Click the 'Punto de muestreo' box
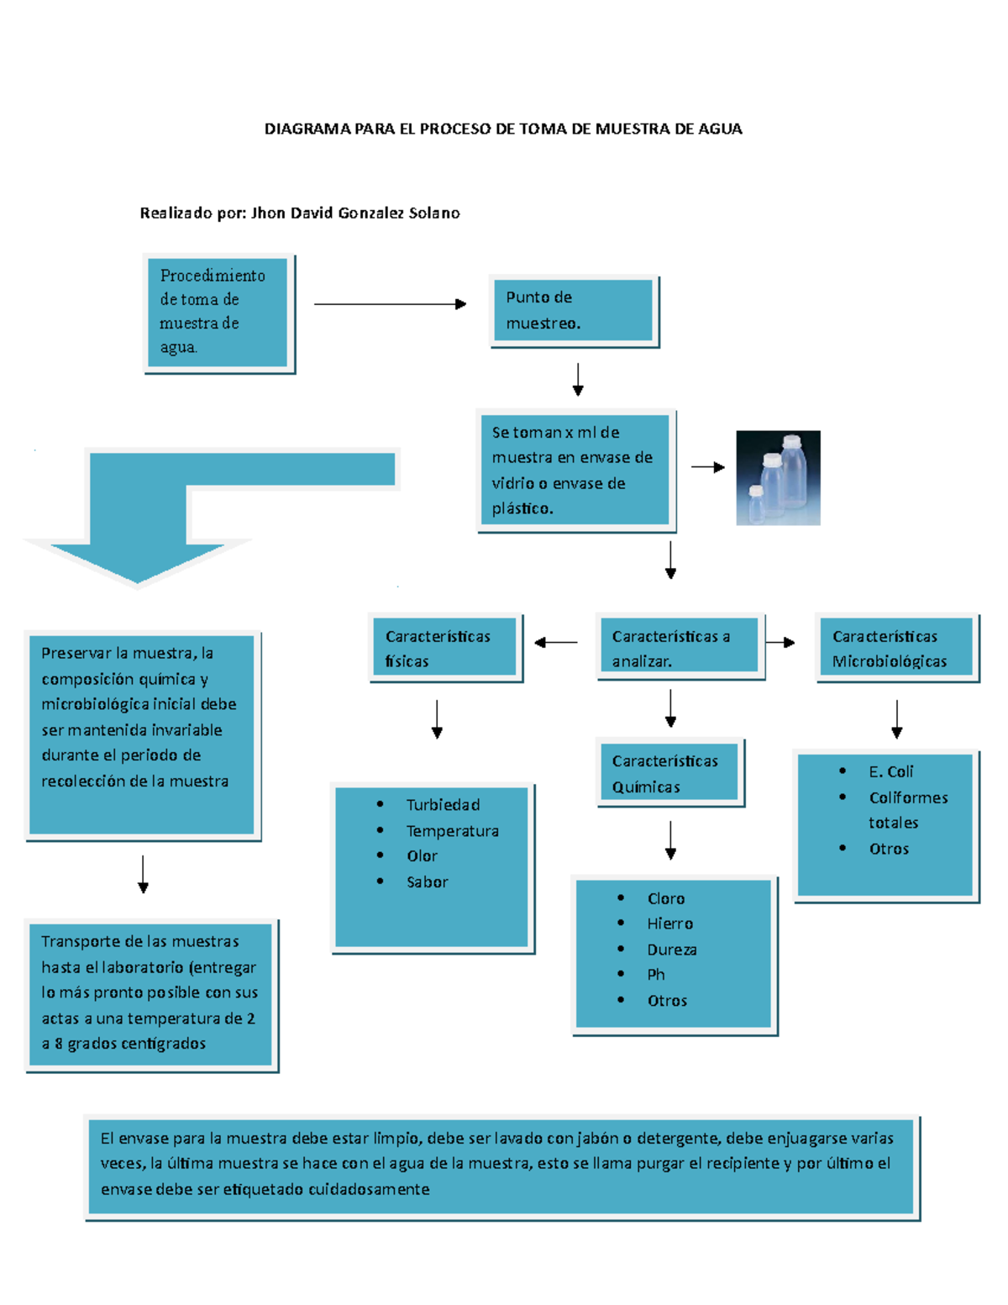(574, 310)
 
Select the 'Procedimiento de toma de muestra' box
(218, 312)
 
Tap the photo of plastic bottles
(778, 477)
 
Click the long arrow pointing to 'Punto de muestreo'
(389, 304)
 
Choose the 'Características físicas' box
(445, 648)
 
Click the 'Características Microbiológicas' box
(896, 648)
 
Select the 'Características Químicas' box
(669, 773)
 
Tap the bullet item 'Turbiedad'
(443, 805)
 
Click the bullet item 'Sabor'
(427, 882)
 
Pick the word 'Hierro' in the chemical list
(669, 923)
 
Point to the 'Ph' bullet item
(656, 975)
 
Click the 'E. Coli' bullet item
(890, 771)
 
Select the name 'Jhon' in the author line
(268, 213)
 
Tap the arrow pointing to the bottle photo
(707, 467)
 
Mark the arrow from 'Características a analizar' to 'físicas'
(555, 643)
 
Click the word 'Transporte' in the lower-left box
(76, 942)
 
